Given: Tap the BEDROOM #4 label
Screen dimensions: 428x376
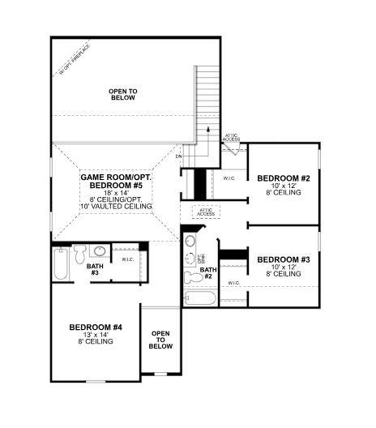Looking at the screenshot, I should tap(96, 327).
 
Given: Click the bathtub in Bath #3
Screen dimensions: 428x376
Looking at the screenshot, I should tap(62, 265).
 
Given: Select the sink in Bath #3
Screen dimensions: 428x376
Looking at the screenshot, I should tap(97, 251).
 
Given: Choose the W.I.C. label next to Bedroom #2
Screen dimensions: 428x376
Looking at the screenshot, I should tap(229, 177).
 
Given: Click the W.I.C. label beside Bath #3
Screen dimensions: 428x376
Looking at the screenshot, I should tap(127, 259).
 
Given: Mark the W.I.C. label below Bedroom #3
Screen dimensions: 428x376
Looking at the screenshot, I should tap(233, 283).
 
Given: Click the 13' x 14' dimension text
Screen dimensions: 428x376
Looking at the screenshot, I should tap(96, 334).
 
